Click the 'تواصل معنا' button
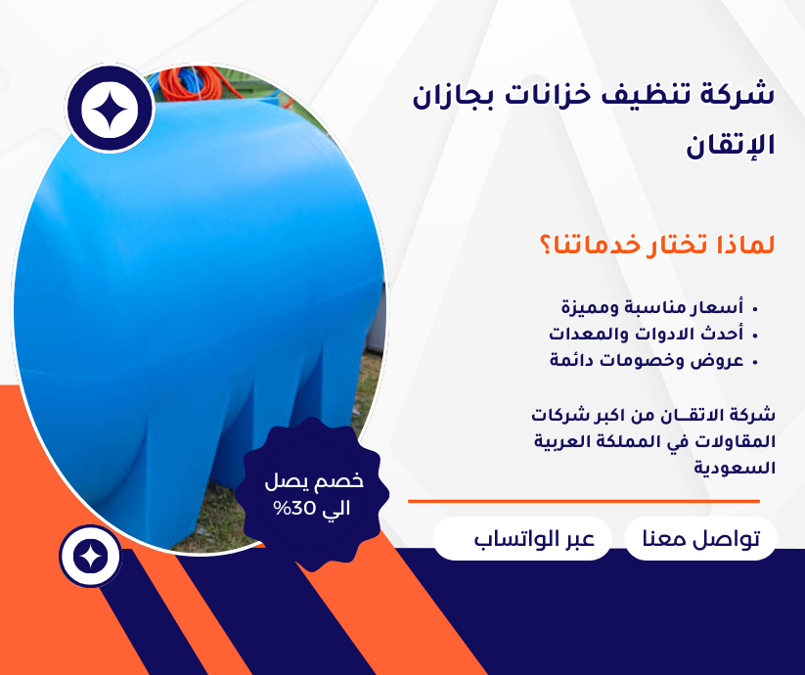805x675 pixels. (x=700, y=539)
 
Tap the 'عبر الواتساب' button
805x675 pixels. (x=521, y=539)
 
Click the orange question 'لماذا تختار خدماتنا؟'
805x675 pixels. (x=656, y=244)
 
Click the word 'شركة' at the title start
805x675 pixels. (x=739, y=96)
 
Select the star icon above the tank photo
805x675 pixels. (x=111, y=110)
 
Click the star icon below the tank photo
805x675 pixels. (x=90, y=557)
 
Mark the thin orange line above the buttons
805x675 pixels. (x=583, y=501)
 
